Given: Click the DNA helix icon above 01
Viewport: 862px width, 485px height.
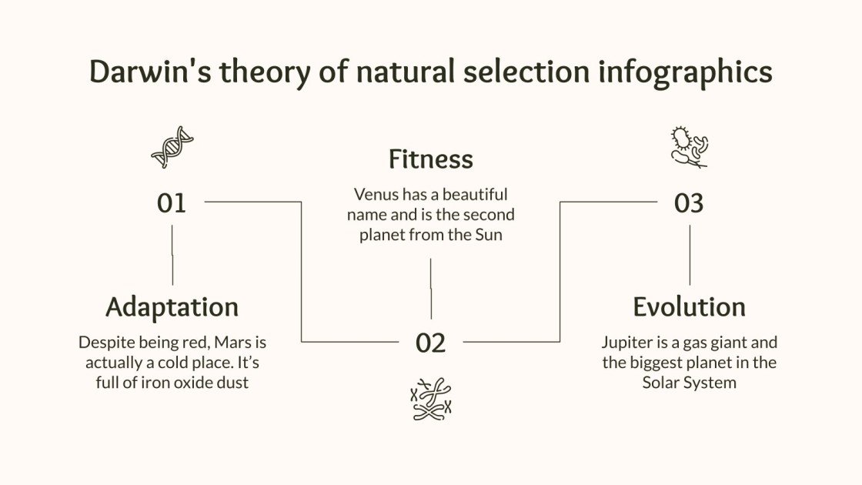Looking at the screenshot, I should coord(172,147).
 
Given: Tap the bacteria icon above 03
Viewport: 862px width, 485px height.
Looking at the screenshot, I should coord(689,147).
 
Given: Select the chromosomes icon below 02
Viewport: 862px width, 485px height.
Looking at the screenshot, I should coord(431,400).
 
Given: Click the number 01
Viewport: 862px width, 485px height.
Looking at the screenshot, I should coord(172,203).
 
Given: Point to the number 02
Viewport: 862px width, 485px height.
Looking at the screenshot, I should coord(431,343).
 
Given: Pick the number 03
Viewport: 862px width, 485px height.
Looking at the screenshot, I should coord(689,203).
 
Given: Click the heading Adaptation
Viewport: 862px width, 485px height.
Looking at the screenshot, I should coord(172,306).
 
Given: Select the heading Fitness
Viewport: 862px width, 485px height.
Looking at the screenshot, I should coord(430,159).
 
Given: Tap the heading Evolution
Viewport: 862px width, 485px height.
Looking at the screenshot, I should coord(689,306).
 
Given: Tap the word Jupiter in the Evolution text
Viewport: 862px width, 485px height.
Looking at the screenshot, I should coord(626,342).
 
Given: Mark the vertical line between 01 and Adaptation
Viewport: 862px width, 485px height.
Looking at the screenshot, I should coord(172,255).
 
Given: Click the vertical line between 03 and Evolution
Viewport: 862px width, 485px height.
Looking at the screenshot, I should coord(690,255).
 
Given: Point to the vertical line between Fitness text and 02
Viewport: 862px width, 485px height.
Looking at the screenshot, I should coord(431,288).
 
